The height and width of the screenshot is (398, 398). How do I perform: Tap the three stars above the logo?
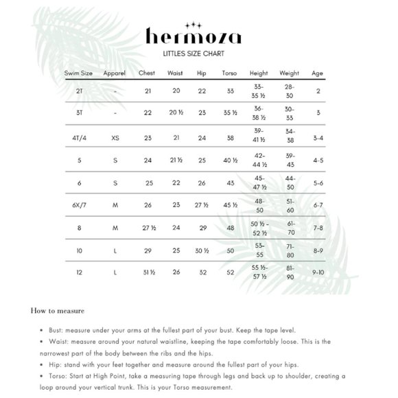(x=198, y=21)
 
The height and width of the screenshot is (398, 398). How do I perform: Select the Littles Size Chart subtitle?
(x=198, y=52)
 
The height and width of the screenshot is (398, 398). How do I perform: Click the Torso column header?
(x=229, y=73)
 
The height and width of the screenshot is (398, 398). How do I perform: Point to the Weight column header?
(x=289, y=73)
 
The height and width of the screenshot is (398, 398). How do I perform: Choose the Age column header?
(x=318, y=73)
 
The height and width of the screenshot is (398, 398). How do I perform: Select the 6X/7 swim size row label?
(x=81, y=204)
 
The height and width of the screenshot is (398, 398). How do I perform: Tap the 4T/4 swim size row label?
(x=81, y=137)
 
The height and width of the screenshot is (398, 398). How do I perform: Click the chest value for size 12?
(x=148, y=272)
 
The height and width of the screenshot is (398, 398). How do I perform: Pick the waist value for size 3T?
(x=176, y=113)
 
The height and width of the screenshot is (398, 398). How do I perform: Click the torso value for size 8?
(x=230, y=227)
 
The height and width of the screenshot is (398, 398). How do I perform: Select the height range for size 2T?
(x=259, y=91)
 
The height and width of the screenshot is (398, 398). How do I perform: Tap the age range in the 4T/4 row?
(x=318, y=137)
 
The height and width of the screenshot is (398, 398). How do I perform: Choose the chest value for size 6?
(x=148, y=183)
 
